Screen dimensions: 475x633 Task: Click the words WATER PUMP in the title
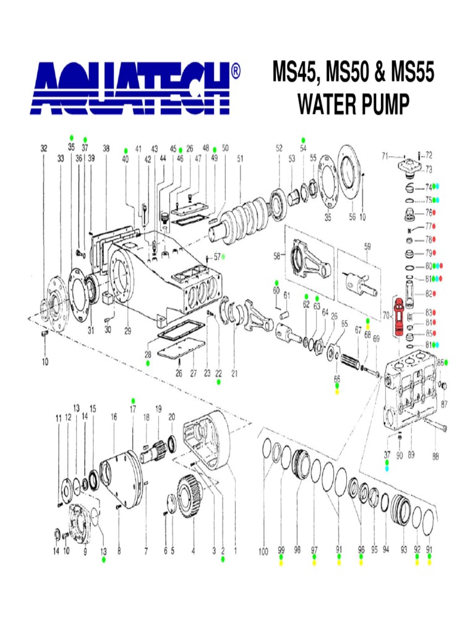click(353, 104)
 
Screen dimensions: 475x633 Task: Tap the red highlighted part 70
click(398, 317)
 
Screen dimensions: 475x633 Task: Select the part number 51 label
click(241, 159)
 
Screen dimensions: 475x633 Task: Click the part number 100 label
click(263, 551)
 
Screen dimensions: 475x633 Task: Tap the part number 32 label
click(44, 148)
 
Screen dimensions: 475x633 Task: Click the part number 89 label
click(411, 455)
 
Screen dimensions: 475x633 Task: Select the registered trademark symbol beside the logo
click(236, 71)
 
